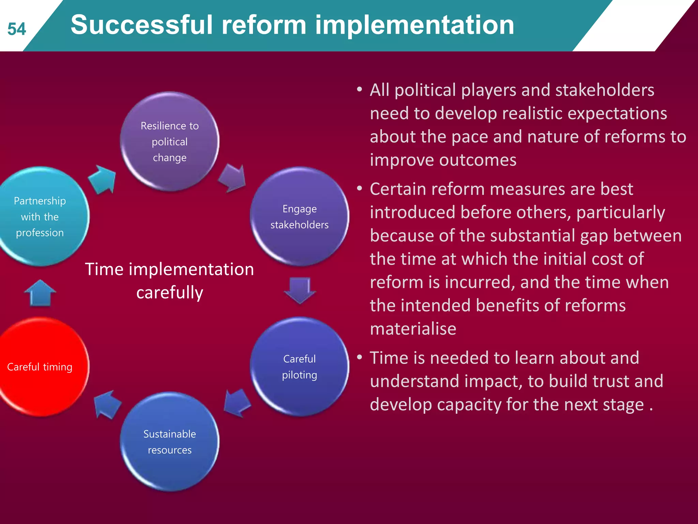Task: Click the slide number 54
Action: pos(17,29)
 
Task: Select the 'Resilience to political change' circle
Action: pos(169,141)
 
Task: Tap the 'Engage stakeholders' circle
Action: pos(299,216)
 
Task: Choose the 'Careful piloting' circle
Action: pos(299,366)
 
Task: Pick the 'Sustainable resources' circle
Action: pos(169,441)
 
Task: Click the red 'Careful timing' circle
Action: pos(40,366)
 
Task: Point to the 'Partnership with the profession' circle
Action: pos(40,216)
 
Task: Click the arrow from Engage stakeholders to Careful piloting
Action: pos(300,290)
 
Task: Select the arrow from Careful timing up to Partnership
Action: pos(40,293)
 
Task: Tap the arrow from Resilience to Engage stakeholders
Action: pos(233,178)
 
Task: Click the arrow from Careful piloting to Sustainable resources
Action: pos(237,403)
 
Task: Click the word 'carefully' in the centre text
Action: pos(169,292)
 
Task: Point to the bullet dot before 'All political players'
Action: pos(359,90)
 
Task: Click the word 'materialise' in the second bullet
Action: pos(413,329)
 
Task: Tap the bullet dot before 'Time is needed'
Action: pos(359,358)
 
